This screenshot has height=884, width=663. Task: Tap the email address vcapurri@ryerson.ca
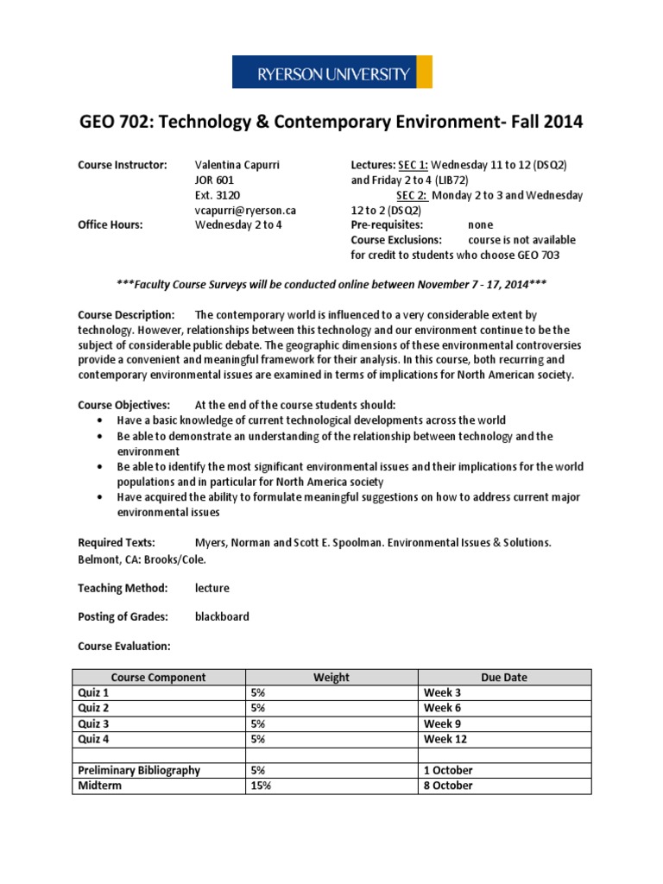point(246,210)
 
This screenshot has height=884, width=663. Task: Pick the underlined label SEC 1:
point(413,165)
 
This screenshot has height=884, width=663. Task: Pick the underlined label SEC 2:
point(412,195)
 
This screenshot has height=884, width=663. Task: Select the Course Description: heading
point(126,315)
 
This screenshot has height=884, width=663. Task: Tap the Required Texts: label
point(117,542)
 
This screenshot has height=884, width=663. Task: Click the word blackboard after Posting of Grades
point(222,617)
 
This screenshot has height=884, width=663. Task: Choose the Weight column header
point(331,678)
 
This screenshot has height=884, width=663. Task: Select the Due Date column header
point(504,678)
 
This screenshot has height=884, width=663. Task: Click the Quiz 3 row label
point(94,723)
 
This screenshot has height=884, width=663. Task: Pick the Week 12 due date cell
point(445,739)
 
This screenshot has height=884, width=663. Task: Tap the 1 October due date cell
point(448,770)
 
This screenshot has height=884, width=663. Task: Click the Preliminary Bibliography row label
point(138,770)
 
